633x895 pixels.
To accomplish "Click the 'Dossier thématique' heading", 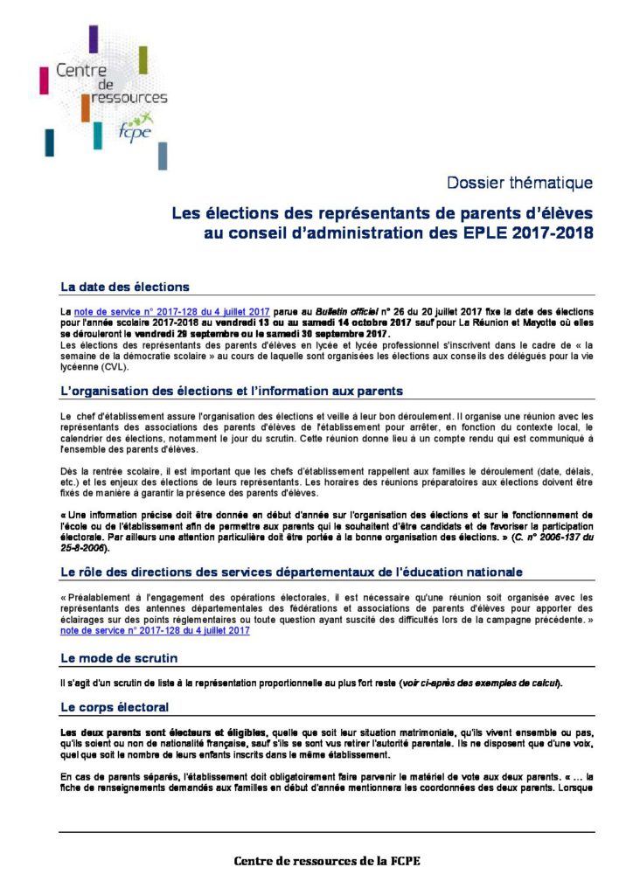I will tap(519, 183).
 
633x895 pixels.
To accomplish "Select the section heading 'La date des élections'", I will tap(124, 287).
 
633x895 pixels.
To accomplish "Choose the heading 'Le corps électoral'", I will tap(114, 705).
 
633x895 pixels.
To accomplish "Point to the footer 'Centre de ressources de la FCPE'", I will tap(327, 861).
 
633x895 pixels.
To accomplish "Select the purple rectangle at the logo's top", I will tap(94, 38).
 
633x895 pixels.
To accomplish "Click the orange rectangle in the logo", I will tap(86, 108).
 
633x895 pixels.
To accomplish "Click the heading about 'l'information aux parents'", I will tap(232, 391).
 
